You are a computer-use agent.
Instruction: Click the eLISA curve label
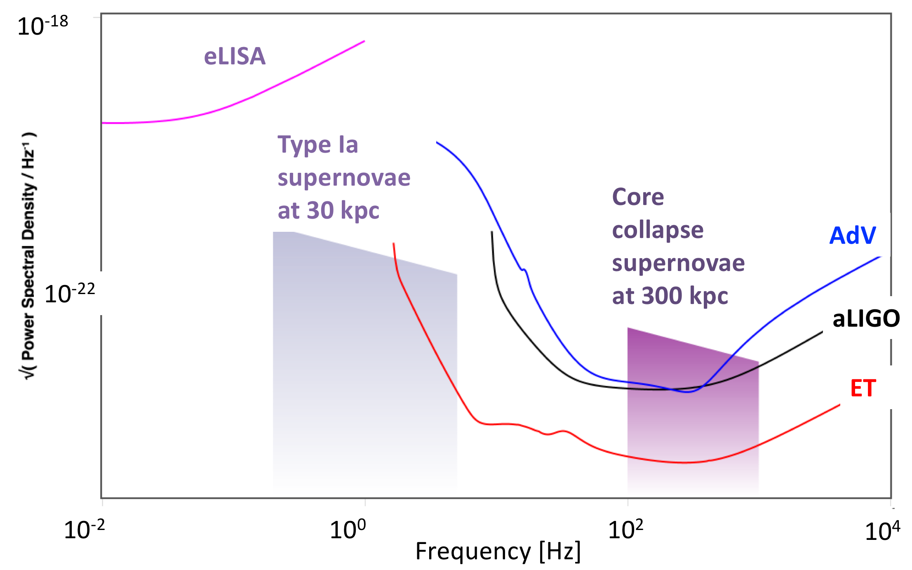pos(235,57)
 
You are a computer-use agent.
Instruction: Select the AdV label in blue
pos(852,236)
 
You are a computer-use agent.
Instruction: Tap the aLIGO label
pos(866,319)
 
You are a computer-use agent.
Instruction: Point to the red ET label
pos(863,388)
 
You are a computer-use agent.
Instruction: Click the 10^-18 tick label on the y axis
pos(42,26)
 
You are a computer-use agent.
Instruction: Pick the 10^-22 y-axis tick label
pos(70,294)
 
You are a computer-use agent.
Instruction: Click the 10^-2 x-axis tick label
pos(84,530)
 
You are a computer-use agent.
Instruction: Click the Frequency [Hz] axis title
pos(498,551)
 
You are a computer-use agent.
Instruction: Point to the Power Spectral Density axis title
pos(28,256)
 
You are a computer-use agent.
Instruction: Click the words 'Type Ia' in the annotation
pos(317,145)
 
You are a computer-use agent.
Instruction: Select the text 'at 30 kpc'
pos(328,210)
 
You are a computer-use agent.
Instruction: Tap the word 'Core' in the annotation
pos(638,197)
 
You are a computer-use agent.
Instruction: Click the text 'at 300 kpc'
pos(670,296)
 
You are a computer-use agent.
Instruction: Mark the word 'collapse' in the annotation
pos(658,230)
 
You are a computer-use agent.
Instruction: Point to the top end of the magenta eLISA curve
pos(364,41)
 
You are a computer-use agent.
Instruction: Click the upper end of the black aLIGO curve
pos(492,232)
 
